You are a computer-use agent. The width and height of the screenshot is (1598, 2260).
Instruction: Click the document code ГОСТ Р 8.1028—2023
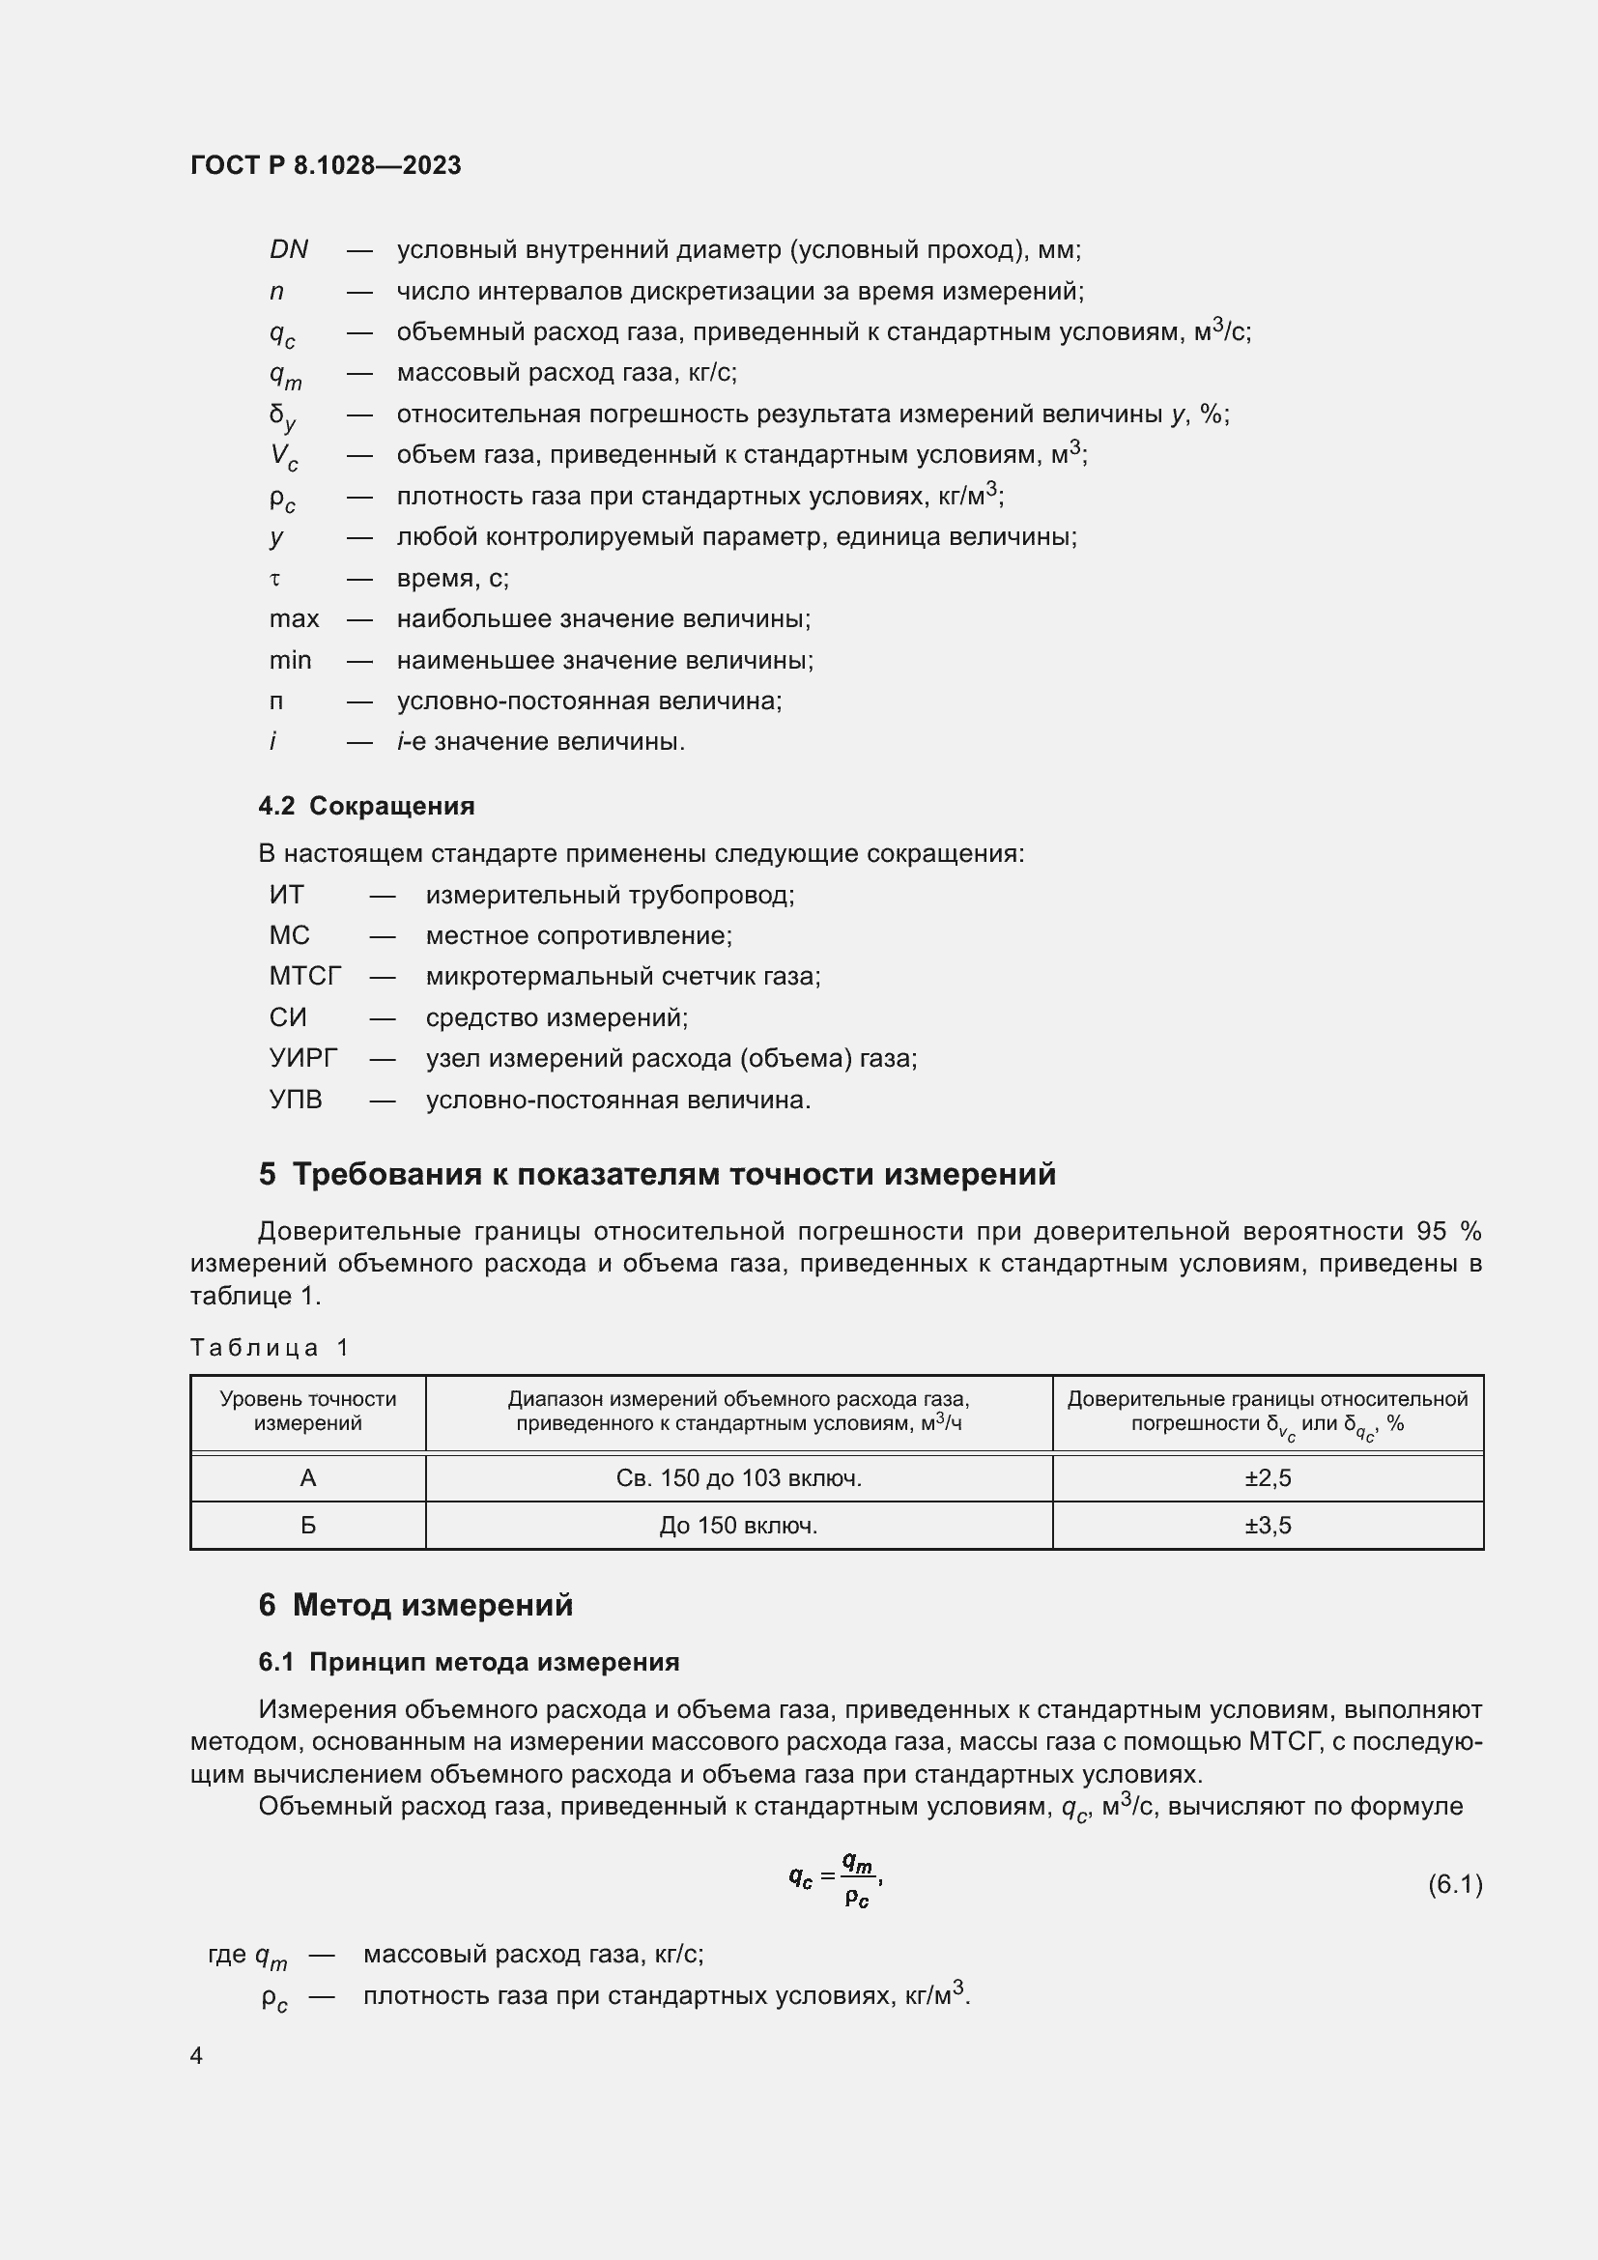[x=326, y=165]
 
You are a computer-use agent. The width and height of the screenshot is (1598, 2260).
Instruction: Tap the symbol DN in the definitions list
[x=288, y=250]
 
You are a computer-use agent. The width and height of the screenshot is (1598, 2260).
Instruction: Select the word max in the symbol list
[x=295, y=619]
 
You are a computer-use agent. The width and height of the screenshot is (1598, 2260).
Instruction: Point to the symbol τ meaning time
[x=275, y=579]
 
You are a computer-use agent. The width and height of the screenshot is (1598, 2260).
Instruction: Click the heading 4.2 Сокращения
[x=366, y=806]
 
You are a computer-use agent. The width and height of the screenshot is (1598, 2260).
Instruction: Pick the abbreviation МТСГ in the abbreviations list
[x=305, y=977]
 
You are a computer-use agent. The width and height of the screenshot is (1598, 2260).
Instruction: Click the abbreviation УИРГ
[x=303, y=1058]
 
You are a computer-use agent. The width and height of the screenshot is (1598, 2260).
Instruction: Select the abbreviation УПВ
[x=296, y=1100]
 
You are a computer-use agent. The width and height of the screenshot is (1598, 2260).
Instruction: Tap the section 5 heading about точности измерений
[x=657, y=1174]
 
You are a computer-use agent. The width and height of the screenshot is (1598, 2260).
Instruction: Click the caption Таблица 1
[x=270, y=1348]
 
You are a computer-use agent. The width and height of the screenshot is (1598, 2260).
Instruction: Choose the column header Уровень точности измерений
[x=308, y=1411]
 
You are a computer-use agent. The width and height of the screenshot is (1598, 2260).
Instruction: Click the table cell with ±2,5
[x=1268, y=1477]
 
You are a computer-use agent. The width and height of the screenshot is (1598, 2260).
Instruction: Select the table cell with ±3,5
[x=1268, y=1525]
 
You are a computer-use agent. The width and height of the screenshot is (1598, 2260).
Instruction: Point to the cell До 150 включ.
[x=738, y=1525]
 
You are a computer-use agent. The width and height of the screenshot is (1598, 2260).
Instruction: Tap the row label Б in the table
[x=308, y=1525]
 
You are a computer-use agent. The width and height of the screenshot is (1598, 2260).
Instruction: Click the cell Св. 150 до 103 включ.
[x=738, y=1477]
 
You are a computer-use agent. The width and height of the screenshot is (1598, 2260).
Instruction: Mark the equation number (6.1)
[x=1454, y=1884]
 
